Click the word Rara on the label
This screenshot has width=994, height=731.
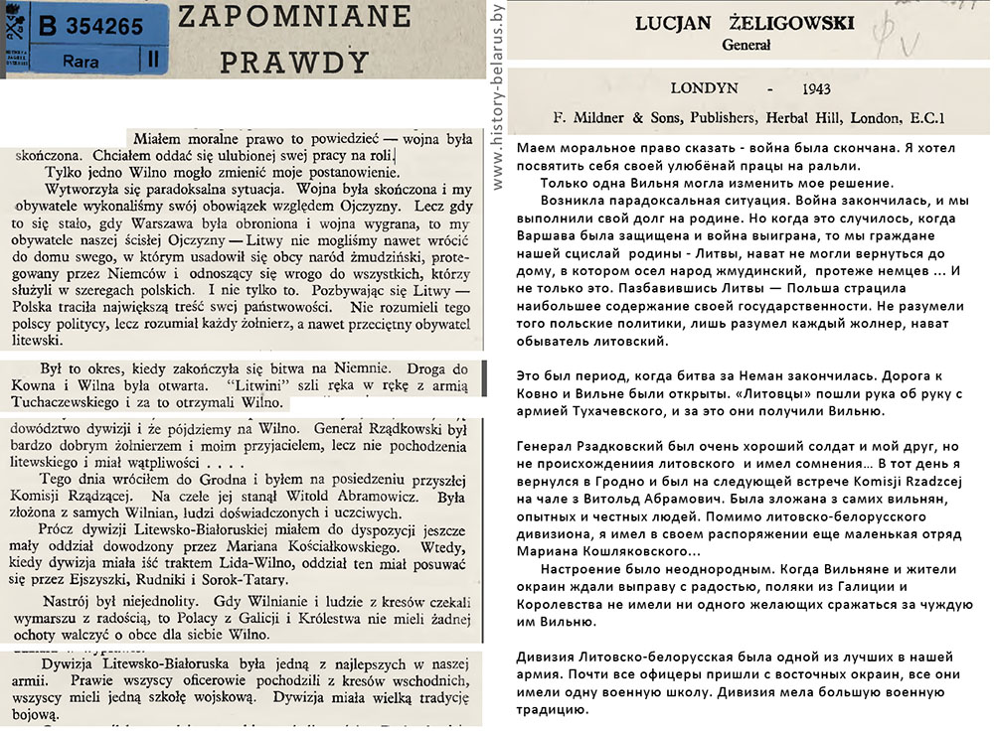coord(80,61)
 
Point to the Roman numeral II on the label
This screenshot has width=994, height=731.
coord(151,61)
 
